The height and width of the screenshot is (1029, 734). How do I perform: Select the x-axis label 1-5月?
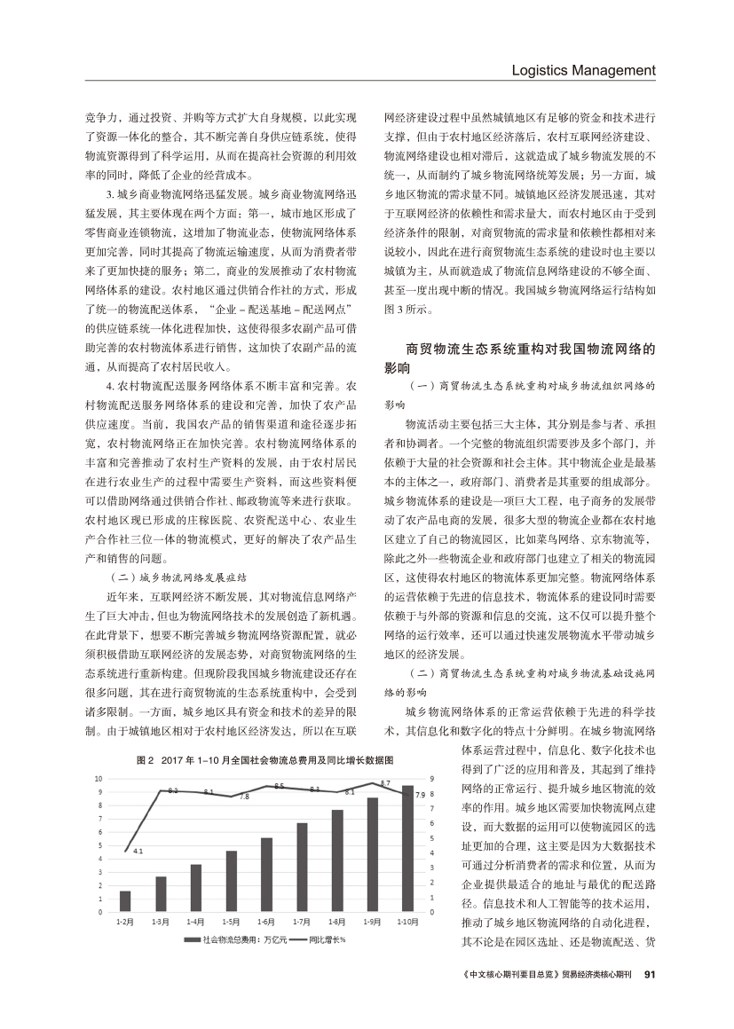232,923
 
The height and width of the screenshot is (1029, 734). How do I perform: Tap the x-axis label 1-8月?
337,923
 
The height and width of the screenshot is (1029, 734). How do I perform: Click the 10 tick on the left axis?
99,778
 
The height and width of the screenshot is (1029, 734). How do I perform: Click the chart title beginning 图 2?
265,760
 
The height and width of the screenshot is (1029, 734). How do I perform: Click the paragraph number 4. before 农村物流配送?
109,389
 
